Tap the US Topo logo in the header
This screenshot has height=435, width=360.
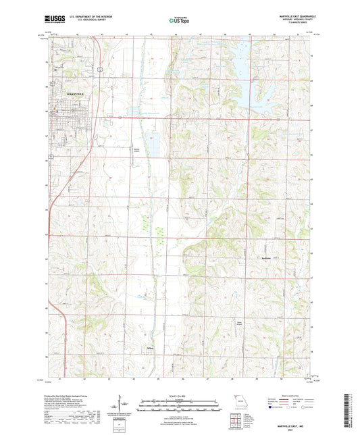coord(179,21)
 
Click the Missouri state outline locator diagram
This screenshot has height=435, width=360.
coord(236,399)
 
